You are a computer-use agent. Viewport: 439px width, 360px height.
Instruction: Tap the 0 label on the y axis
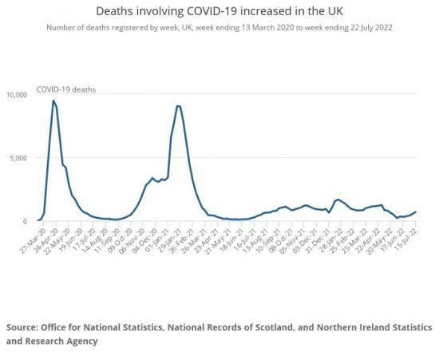[26, 221]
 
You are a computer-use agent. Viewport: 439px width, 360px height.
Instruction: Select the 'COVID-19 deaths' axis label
[67, 89]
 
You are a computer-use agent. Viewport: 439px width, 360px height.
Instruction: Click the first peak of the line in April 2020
[53, 101]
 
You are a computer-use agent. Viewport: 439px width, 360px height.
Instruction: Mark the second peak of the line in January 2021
[178, 106]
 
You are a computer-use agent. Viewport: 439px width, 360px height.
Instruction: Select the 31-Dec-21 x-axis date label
[322, 237]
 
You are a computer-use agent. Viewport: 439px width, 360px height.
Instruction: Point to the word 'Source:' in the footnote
[26, 328]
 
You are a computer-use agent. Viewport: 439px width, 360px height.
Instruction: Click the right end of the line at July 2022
[415, 212]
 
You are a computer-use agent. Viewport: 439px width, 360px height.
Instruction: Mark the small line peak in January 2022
[338, 200]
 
